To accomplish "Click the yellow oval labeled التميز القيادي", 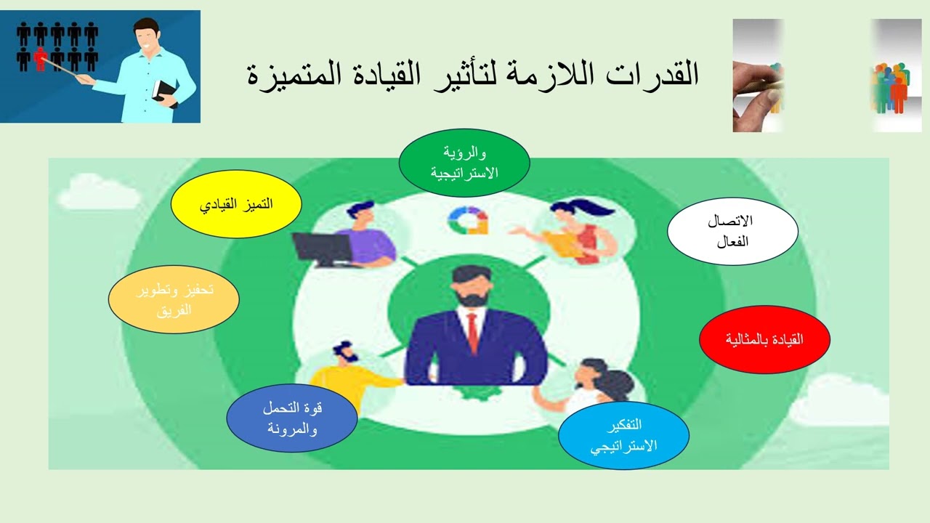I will (236, 204).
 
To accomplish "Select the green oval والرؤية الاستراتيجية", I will (464, 163).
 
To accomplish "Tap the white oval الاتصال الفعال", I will (732, 231).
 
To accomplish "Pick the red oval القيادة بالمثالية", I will (764, 339).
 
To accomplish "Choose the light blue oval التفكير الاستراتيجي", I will (623, 435).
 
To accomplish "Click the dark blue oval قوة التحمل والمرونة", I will (291, 419).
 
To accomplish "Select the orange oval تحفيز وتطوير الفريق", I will (174, 299).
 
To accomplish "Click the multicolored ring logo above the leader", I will (468, 219).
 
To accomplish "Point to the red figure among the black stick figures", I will (41, 59).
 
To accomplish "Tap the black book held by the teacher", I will (168, 93).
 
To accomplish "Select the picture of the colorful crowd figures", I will (896, 76).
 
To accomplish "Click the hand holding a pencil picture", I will (758, 76).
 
